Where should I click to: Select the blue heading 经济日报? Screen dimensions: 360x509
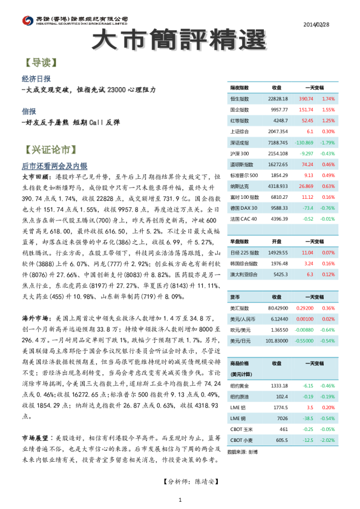tap(36, 79)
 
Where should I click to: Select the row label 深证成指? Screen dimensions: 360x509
tap(240, 142)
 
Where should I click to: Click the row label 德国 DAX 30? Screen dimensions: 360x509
tap(244, 207)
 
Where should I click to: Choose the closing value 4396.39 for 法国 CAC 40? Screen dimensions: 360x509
tap(278, 218)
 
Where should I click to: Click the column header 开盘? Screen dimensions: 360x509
tap(277, 241)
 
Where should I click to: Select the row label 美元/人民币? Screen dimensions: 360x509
tap(243, 318)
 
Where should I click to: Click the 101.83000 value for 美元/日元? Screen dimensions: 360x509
tap(277, 340)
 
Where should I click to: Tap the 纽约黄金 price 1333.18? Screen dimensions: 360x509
tap(279, 385)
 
